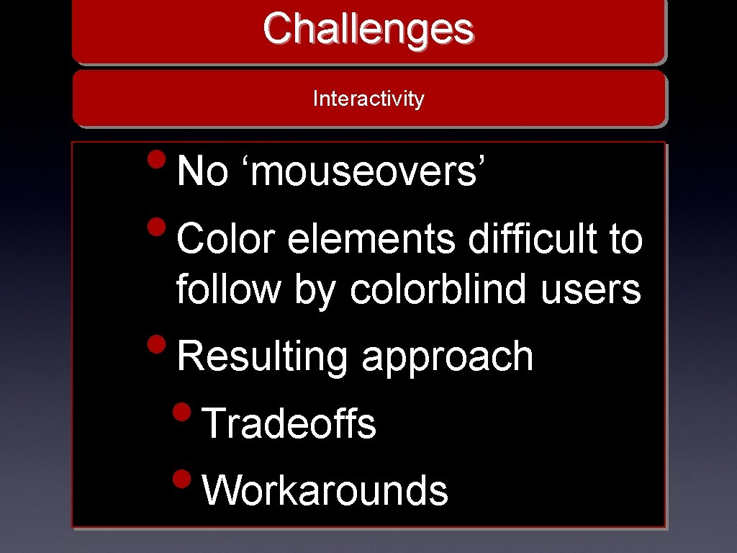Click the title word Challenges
point(368,29)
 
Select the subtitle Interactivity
point(368,99)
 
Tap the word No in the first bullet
point(202,172)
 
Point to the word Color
point(226,239)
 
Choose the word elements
point(371,239)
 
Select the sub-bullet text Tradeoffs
point(289,423)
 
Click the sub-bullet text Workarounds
point(325,490)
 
